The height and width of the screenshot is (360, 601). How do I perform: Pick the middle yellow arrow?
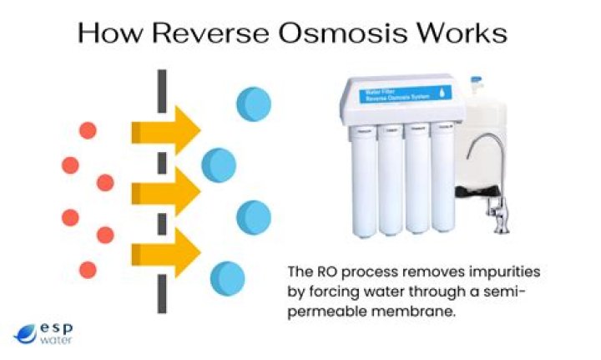[166, 191]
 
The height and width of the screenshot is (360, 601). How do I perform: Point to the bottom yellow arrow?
[166, 250]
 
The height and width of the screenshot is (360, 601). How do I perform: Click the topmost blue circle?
[254, 104]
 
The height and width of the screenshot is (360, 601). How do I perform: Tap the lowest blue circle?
[227, 276]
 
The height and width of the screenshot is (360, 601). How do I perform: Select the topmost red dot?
[88, 129]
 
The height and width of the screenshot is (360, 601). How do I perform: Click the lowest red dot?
[88, 269]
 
